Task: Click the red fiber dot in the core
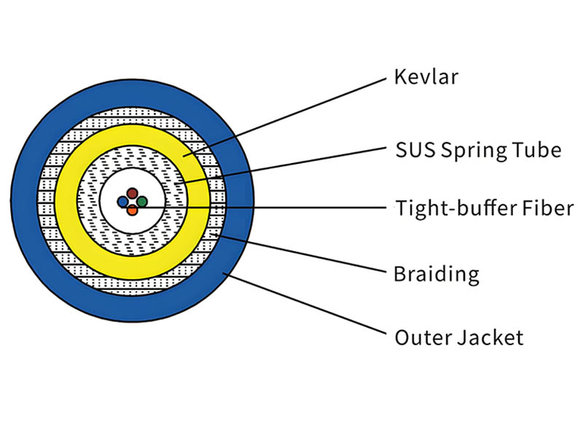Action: (133, 193)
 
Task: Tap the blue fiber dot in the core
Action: (122, 202)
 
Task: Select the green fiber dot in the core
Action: (141, 202)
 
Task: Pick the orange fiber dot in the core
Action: (132, 210)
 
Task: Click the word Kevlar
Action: (426, 77)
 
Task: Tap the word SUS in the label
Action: (415, 150)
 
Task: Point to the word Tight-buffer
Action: (456, 208)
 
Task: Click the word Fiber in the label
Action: (548, 208)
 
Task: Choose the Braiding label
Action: (437, 275)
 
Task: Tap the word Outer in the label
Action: (423, 338)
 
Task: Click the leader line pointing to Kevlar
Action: (284, 117)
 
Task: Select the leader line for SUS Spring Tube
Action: (281, 166)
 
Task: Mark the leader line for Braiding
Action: (299, 253)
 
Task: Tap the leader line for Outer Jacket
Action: (305, 304)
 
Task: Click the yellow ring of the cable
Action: (66, 201)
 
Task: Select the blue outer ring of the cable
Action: (24, 201)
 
